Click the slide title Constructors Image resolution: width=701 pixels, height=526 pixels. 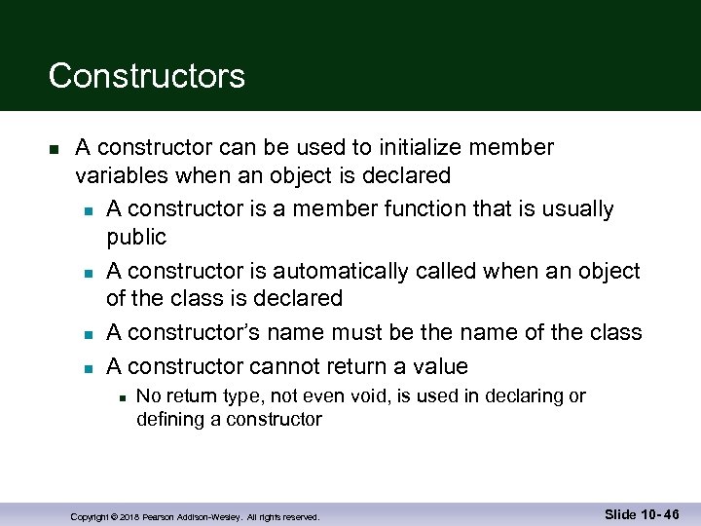(146, 76)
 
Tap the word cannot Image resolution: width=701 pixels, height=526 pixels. (284, 366)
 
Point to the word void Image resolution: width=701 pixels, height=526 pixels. (396, 396)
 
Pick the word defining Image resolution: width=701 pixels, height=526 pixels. (166, 420)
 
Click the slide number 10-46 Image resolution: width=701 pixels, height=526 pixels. (659, 514)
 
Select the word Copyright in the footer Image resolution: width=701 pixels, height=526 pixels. (89, 516)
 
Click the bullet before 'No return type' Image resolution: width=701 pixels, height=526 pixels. (119, 397)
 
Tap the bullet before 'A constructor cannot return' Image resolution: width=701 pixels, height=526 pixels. (88, 368)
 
